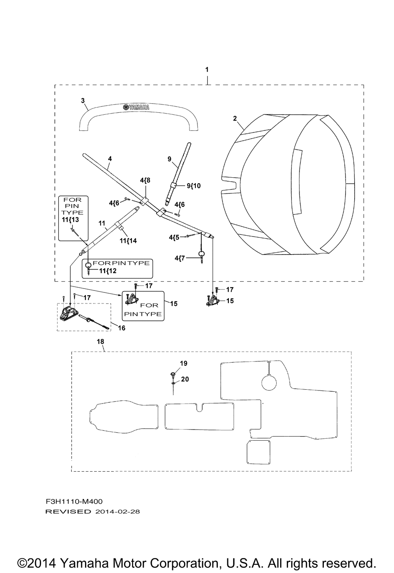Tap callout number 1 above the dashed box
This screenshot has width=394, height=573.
pyautogui.click(x=207, y=69)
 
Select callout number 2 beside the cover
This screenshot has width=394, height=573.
pyautogui.click(x=235, y=119)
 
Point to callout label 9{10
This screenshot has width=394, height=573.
pyautogui.click(x=193, y=186)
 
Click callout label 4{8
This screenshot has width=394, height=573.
pyautogui.click(x=145, y=180)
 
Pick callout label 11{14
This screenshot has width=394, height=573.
pyautogui.click(x=128, y=240)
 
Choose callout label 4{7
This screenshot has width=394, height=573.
pyautogui.click(x=180, y=258)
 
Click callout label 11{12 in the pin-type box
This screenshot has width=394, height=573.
pyautogui.click(x=108, y=271)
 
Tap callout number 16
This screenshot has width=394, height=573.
pyautogui.click(x=122, y=328)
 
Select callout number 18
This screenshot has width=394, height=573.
pyautogui.click(x=100, y=342)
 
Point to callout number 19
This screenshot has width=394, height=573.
pyautogui.click(x=184, y=363)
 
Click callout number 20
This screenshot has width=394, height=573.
pyautogui.click(x=185, y=379)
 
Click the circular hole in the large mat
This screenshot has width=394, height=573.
pyautogui.click(x=269, y=383)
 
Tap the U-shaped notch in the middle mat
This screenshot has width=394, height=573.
pyautogui.click(x=199, y=407)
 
